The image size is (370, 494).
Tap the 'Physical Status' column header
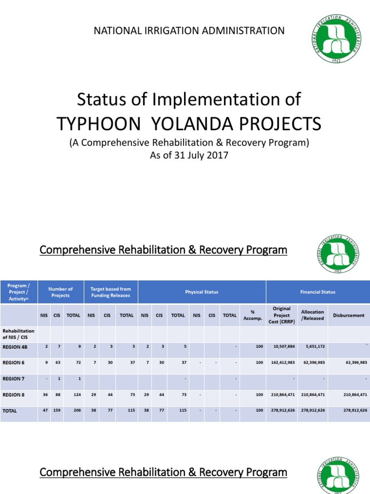tap(202, 292)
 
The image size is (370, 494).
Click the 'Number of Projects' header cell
tap(60, 292)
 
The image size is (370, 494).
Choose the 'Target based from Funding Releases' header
tap(111, 292)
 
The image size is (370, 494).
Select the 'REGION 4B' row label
tap(15, 346)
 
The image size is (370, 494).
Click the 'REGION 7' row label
tap(13, 378)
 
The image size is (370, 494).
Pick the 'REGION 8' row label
tap(13, 395)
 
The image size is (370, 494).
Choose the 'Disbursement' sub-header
tap(349, 315)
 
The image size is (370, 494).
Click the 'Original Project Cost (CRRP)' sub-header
tap(281, 315)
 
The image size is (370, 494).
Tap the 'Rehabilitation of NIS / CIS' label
tap(19, 334)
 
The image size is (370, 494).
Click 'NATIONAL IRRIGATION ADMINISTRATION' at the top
tap(189, 31)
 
